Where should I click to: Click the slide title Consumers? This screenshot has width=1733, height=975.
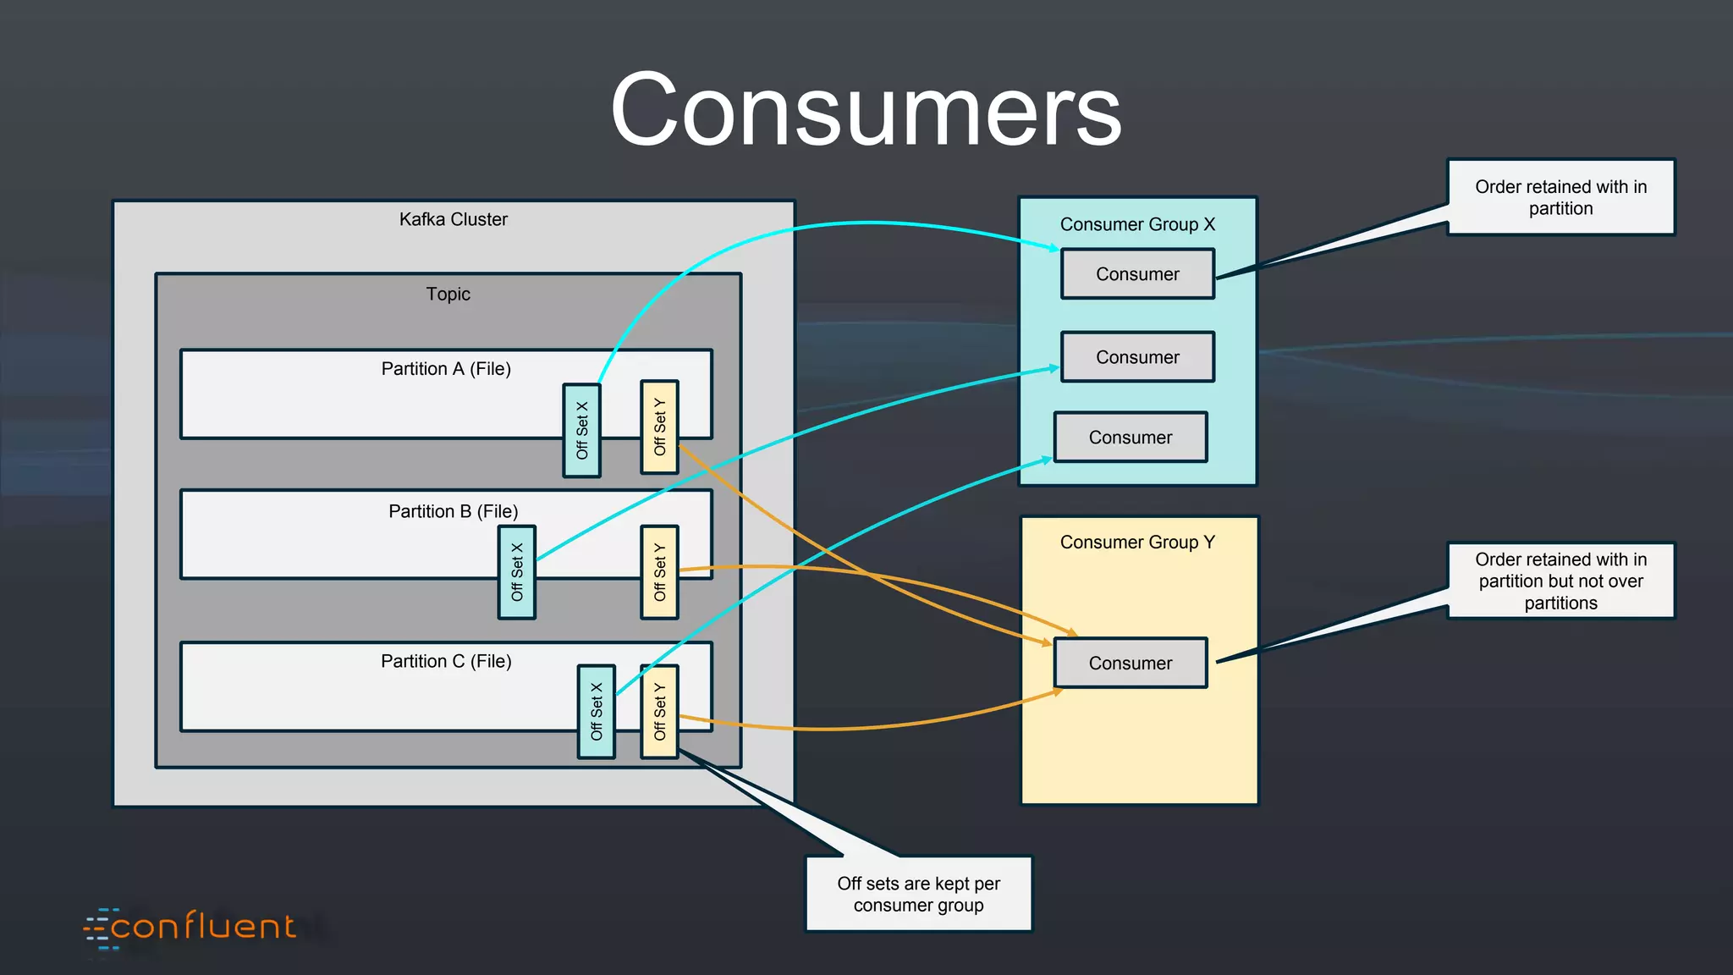click(x=866, y=111)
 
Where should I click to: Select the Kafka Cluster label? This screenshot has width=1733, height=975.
click(x=453, y=219)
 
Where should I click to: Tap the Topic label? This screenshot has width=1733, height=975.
click(x=448, y=294)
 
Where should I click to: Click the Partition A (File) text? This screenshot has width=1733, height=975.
click(x=446, y=368)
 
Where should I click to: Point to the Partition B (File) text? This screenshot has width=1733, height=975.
click(x=453, y=511)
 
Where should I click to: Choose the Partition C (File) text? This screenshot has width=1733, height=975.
click(x=446, y=661)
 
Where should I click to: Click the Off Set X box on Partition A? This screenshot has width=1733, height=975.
click(x=582, y=431)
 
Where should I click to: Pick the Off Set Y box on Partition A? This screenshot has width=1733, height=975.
click(x=659, y=427)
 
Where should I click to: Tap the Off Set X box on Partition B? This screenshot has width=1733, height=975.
click(x=517, y=572)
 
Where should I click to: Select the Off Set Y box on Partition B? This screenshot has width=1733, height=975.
click(x=659, y=572)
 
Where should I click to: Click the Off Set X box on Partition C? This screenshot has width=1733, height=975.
click(x=597, y=712)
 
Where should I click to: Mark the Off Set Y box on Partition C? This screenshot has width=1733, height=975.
click(x=659, y=712)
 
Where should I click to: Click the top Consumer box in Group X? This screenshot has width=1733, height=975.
click(x=1137, y=274)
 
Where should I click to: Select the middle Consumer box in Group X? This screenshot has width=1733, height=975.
click(x=1137, y=357)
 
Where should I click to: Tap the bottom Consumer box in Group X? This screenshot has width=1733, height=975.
click(x=1131, y=438)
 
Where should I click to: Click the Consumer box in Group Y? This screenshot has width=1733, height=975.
click(x=1131, y=664)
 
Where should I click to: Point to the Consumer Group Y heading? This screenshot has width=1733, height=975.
click(x=1137, y=542)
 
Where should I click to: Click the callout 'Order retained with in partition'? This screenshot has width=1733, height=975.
click(x=1560, y=197)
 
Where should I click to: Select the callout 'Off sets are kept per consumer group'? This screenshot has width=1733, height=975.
click(x=918, y=895)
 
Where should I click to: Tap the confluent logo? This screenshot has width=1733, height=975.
click(x=191, y=928)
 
